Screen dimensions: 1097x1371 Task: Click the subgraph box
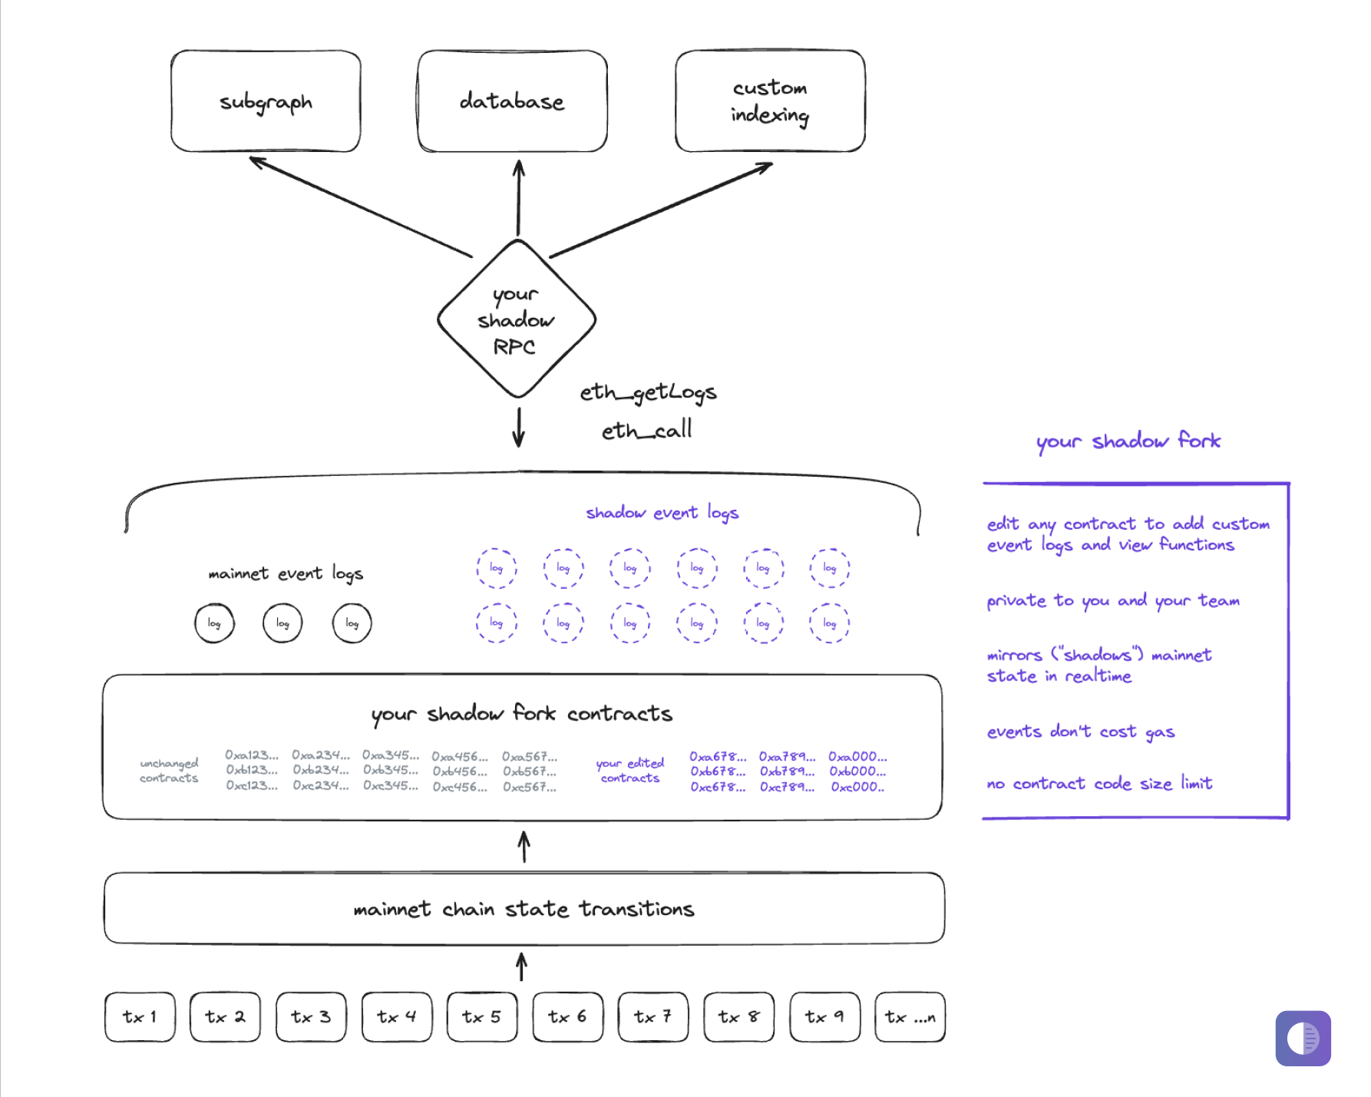(x=266, y=101)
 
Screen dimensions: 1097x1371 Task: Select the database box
(x=512, y=101)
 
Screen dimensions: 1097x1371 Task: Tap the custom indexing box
(x=770, y=101)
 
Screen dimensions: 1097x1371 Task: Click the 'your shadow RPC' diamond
(x=516, y=319)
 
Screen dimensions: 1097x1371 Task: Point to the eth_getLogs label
(x=648, y=392)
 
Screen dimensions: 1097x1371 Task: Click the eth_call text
(x=646, y=430)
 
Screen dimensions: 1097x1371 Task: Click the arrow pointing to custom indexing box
(x=660, y=210)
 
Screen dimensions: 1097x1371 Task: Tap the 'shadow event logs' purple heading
(x=662, y=512)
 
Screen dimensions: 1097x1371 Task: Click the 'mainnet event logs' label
(x=286, y=573)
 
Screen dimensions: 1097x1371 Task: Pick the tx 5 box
(x=482, y=1017)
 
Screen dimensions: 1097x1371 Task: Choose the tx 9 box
(x=824, y=1017)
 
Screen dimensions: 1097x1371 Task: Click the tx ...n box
(x=910, y=1017)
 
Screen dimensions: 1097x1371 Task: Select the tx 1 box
(x=140, y=1017)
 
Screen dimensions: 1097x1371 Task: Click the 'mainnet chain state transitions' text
(x=524, y=909)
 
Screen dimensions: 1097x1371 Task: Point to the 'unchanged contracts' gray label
(x=169, y=770)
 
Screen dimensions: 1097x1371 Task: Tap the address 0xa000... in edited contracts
(x=857, y=756)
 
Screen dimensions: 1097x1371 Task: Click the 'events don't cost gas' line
(x=1080, y=732)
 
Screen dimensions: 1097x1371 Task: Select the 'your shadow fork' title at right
(x=1128, y=441)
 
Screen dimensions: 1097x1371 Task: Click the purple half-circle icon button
(x=1303, y=1038)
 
